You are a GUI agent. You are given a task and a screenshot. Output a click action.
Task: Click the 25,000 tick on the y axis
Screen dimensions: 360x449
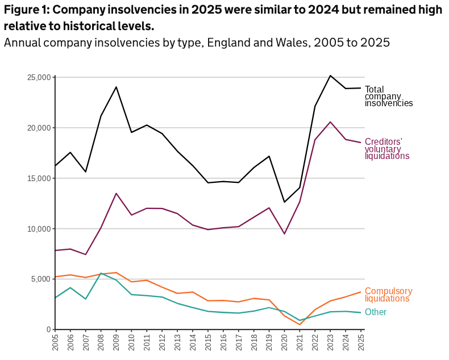(40, 77)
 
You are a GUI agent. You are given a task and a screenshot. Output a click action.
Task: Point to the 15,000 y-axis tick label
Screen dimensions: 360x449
(40, 178)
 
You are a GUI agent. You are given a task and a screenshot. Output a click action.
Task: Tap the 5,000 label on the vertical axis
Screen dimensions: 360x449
(42, 279)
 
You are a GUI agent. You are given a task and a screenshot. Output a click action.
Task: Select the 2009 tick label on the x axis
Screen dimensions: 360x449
(115, 342)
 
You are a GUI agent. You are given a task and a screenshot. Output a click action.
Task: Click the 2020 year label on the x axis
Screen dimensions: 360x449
(284, 342)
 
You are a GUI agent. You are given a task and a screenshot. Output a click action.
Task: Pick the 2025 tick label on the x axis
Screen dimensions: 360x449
(360, 342)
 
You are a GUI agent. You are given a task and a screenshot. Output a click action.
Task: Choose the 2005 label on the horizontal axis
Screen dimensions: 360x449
(55, 342)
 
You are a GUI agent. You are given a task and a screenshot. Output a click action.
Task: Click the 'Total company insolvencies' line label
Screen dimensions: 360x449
(388, 97)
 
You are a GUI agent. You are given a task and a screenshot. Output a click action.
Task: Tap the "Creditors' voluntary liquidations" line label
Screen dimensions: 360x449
(386, 149)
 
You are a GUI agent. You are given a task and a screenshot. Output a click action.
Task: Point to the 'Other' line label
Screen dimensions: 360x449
(376, 312)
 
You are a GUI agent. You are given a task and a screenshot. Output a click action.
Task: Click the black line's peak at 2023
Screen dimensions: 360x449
(330, 76)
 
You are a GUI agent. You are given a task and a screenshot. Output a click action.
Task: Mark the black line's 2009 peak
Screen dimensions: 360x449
(116, 87)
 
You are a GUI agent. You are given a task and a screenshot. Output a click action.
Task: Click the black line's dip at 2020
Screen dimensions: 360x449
(284, 202)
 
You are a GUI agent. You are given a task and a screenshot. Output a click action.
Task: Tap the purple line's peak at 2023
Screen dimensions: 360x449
(330, 122)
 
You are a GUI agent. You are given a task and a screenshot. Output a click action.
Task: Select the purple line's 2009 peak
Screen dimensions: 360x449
(116, 194)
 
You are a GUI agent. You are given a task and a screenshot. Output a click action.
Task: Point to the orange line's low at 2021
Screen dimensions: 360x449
(300, 325)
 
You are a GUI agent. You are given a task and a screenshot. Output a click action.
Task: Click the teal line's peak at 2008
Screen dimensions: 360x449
(101, 273)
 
